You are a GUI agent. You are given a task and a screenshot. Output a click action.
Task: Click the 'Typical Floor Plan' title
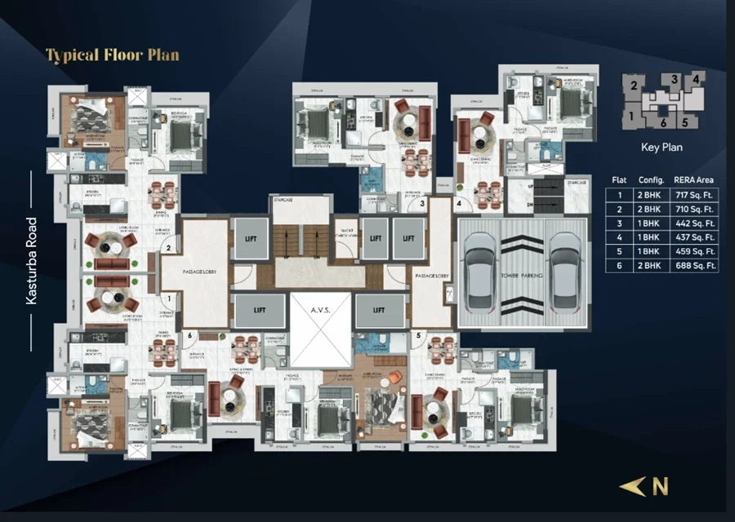coord(112,55)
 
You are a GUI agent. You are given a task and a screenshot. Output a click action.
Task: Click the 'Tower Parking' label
coord(520,275)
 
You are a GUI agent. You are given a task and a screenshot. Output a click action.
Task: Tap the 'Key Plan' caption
coord(661,148)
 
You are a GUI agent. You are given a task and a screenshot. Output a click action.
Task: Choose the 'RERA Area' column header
coord(693,179)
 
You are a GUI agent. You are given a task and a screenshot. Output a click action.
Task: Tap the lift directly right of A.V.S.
coord(379,310)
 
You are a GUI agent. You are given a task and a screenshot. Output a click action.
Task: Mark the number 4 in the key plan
coord(695,79)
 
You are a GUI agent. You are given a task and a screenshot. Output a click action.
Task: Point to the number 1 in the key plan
coord(631,116)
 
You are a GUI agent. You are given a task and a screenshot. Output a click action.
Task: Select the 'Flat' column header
coord(619,179)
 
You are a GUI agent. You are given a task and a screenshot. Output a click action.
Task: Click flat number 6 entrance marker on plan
coord(189,334)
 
